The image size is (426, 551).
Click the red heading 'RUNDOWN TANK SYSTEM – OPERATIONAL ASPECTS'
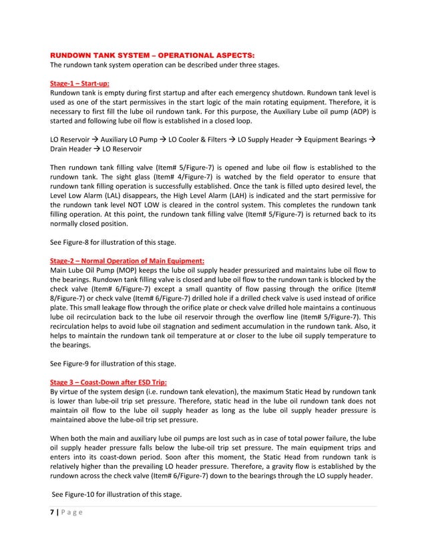152,53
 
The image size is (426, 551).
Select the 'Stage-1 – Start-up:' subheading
78,82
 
